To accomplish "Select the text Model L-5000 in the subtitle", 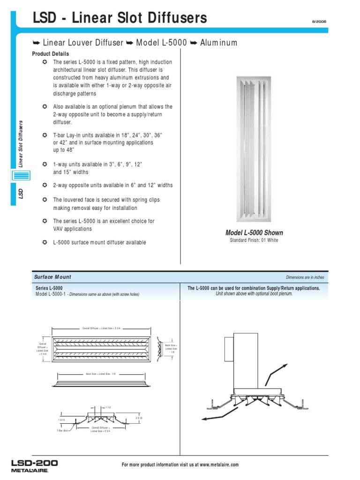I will [x=161, y=43].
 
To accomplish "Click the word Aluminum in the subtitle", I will [x=218, y=43].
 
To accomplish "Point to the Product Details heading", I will [x=50, y=54].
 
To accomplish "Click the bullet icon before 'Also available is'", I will [x=44, y=107].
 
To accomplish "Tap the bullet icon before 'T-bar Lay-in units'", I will [x=44, y=135].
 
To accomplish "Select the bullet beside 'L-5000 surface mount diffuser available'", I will [x=44, y=242].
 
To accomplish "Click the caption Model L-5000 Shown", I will [x=254, y=233].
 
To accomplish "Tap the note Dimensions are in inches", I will [x=305, y=277].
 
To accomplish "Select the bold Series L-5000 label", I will [x=49, y=288].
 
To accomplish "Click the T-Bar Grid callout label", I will [x=62, y=430].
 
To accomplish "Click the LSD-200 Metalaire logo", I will [x=35, y=465].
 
